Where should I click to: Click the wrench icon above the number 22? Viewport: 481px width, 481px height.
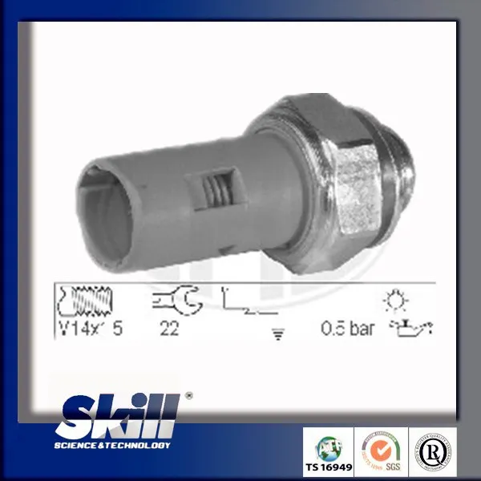172,301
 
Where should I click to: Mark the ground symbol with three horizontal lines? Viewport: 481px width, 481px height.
279,336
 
